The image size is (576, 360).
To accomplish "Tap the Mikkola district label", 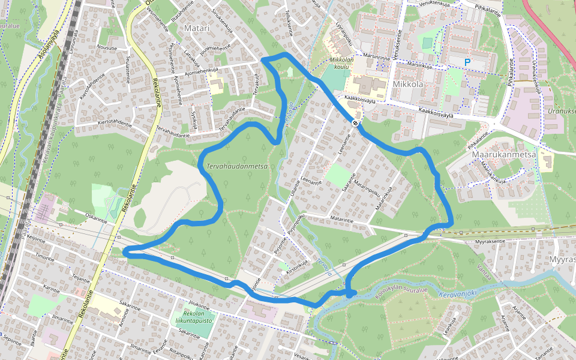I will [408, 84].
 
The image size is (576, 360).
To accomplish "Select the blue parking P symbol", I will [467, 62].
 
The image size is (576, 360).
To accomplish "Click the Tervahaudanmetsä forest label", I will [236, 166].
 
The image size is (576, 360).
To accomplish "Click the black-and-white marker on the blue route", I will [356, 122].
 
